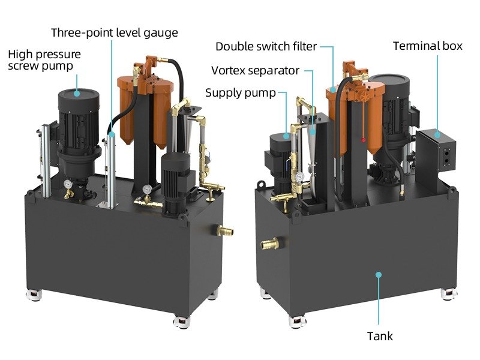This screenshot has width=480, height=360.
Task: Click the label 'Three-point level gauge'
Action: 114,32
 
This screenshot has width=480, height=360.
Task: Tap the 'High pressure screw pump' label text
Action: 44,59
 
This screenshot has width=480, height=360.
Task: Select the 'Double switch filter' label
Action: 266,46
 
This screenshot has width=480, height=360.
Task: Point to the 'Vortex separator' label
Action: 255,70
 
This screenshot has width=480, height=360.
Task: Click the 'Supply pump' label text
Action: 240,92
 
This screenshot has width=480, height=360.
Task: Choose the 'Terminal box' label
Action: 427,46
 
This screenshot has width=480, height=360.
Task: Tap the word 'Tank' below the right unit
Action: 380,335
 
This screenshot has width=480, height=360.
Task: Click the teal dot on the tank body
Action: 379,274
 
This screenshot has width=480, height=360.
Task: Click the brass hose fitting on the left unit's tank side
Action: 224,230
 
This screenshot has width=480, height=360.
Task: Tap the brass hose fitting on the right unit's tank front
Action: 269,244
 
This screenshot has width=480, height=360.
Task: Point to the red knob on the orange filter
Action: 362,139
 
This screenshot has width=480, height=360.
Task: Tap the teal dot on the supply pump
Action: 287,136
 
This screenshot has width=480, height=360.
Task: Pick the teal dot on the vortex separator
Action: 313,129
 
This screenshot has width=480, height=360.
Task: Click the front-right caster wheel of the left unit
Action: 180,322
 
